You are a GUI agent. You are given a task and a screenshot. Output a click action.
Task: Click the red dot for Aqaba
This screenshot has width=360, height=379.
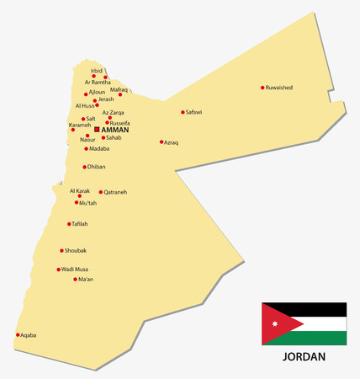tap(18, 334)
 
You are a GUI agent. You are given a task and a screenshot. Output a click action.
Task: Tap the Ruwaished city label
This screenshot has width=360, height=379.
tap(280, 87)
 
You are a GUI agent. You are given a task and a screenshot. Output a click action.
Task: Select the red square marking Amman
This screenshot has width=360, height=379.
tap(97, 130)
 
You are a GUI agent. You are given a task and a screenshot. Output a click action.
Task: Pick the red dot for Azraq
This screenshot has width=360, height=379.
tap(161, 141)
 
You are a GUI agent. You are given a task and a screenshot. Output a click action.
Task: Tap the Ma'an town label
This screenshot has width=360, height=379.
tap(86, 279)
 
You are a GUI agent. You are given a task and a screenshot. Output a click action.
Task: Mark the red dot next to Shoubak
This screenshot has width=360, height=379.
tap(61, 250)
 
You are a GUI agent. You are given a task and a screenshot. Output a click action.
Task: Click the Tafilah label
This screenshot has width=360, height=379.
tap(80, 224)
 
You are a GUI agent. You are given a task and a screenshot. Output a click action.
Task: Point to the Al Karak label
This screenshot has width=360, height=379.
tap(79, 191)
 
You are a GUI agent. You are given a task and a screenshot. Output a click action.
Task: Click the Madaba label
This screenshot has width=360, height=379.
tap(99, 150)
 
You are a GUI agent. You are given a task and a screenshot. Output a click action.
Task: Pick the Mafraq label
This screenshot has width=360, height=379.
tap(119, 89)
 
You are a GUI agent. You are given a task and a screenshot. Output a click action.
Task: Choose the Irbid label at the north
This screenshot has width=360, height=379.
tap(97, 71)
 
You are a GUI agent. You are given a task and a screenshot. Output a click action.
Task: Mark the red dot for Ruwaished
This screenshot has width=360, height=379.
tap(262, 87)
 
